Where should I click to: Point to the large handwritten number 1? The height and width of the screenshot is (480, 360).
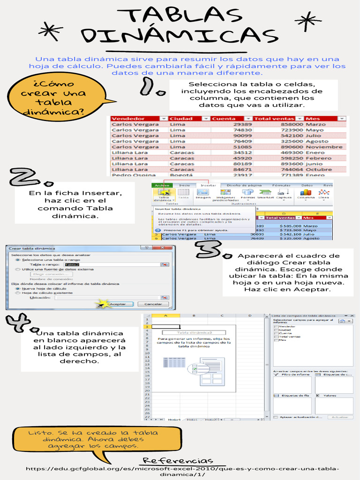(153, 88)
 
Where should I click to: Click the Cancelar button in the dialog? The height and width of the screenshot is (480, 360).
(153, 304)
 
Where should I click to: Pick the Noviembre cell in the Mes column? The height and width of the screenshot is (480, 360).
(324, 147)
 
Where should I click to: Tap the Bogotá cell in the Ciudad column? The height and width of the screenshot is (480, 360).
(181, 175)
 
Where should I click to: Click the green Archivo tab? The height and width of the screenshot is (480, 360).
(162, 186)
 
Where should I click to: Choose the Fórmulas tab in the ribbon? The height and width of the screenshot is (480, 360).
(281, 186)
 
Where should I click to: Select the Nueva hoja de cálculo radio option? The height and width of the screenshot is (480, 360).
(18, 288)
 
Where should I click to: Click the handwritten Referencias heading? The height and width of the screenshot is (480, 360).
(178, 461)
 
